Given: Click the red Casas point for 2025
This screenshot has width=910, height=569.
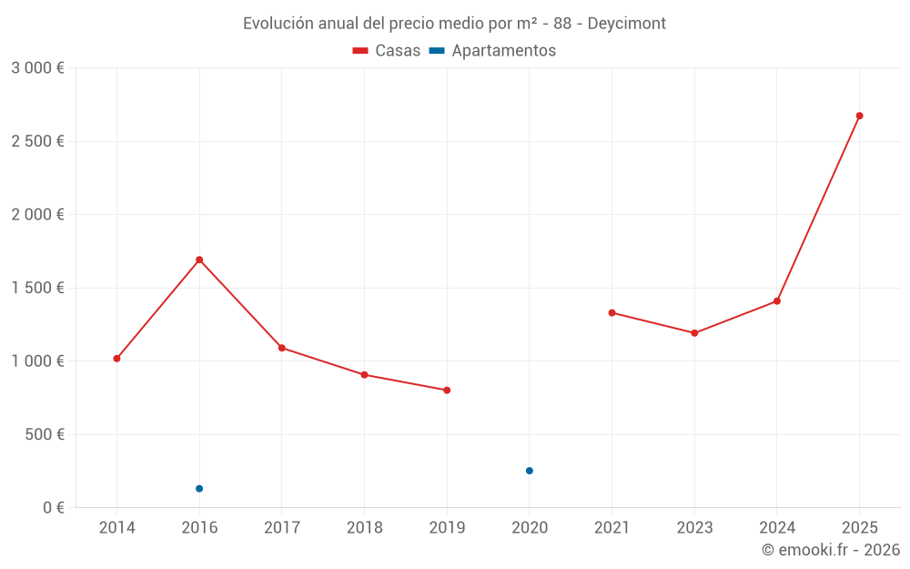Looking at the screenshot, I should (859, 116).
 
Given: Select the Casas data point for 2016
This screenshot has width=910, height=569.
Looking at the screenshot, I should (199, 259).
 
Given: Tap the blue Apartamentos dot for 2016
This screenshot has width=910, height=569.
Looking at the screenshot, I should (199, 489).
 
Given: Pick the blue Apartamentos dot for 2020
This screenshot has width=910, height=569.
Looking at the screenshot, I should (530, 471).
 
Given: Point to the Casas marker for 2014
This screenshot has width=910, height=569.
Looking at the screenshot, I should (116, 359).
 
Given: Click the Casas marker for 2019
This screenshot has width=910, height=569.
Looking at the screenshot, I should (447, 391).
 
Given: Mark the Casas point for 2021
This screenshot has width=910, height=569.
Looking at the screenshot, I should (612, 313).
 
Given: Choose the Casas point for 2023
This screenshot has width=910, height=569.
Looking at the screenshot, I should (694, 333).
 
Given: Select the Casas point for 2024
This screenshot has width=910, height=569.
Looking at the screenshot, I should (777, 301).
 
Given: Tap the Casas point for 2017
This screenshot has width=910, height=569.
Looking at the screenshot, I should (282, 348).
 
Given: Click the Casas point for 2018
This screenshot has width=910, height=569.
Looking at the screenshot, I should (364, 375).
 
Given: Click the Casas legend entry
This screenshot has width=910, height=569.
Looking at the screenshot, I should (387, 51).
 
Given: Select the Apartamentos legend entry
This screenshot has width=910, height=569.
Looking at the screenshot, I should (492, 51).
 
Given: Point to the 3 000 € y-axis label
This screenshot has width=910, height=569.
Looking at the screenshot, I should (37, 68).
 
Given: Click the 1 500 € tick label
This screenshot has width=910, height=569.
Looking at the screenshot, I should (37, 288).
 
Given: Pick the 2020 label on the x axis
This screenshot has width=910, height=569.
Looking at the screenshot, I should (530, 528).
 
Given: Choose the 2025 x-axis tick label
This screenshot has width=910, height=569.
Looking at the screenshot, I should (859, 528).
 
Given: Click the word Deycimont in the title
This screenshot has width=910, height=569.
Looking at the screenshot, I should (626, 24).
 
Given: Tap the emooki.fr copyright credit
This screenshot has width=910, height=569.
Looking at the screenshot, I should (831, 550).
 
